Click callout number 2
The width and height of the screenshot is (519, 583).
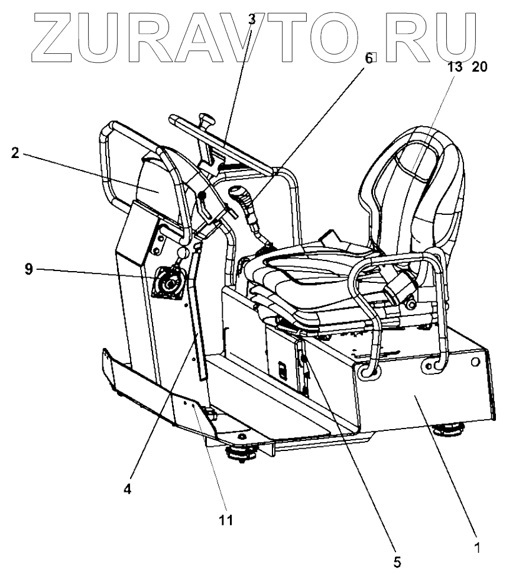(x=15, y=153)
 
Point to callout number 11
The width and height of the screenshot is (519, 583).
(x=226, y=520)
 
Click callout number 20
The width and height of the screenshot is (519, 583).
(x=479, y=67)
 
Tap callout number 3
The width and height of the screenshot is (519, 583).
(x=251, y=18)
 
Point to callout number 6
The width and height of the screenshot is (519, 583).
(x=369, y=58)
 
